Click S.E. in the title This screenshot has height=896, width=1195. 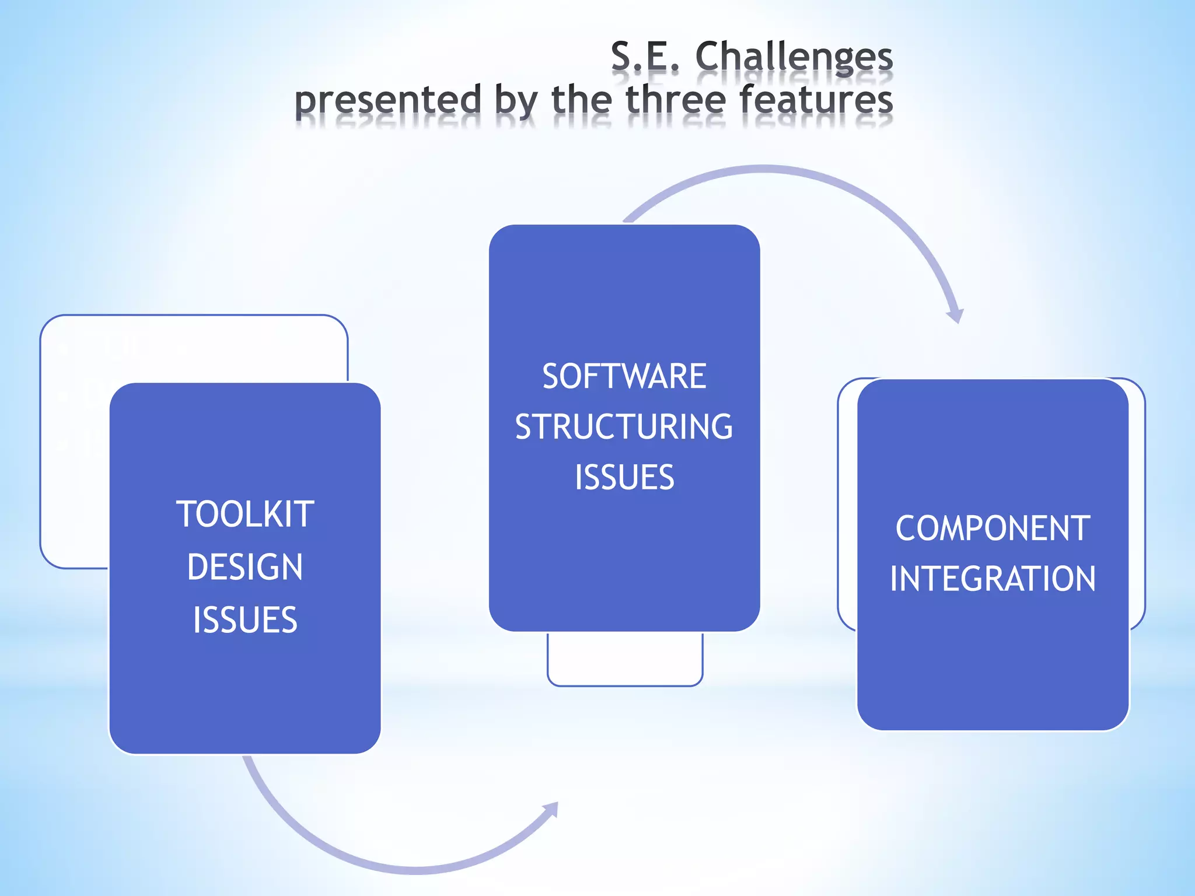[645, 57]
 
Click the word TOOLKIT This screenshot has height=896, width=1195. [245, 514]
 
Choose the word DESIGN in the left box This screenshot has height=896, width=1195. [245, 567]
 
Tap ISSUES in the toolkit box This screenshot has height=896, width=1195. [245, 619]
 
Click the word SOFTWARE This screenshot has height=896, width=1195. [624, 376]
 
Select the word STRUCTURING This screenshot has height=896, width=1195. [624, 427]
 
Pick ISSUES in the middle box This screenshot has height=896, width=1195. [624, 478]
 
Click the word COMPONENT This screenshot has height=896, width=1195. [993, 528]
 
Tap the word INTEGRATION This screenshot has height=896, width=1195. [993, 579]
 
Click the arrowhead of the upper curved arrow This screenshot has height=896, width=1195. [955, 315]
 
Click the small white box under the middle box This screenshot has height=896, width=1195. [625, 659]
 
